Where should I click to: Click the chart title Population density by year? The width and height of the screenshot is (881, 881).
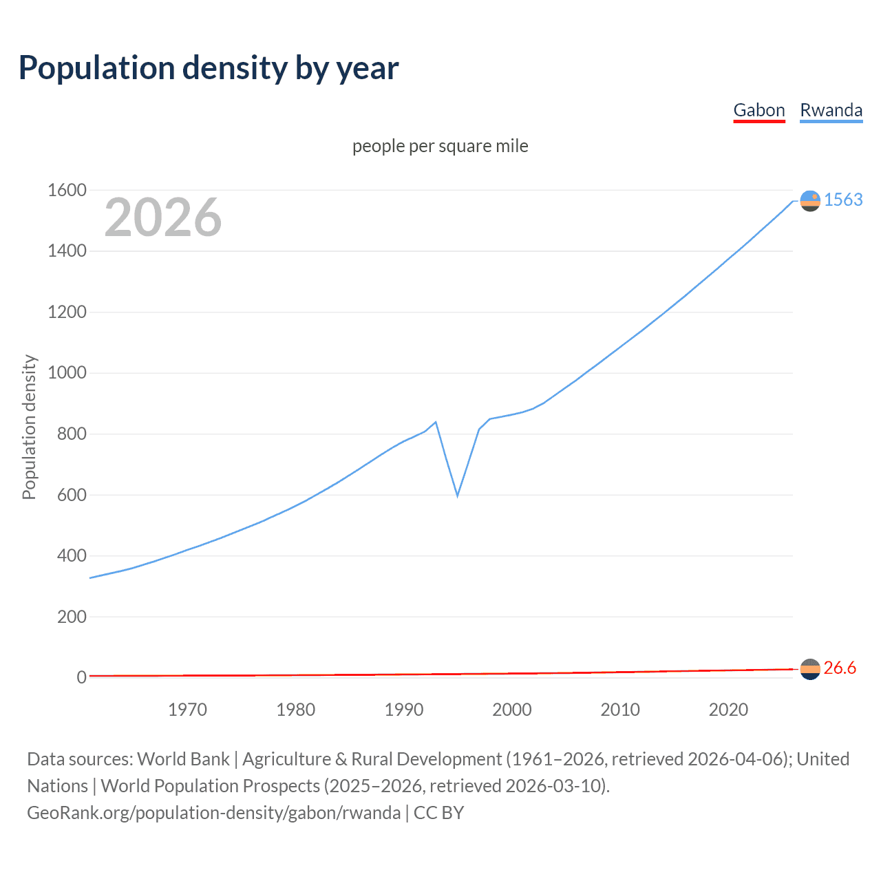tap(209, 68)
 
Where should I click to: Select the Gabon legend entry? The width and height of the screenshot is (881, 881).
tap(759, 110)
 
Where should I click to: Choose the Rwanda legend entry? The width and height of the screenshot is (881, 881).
tap(831, 110)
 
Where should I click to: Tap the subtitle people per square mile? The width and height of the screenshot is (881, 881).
tap(440, 146)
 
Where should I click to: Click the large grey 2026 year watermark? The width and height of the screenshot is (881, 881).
tap(163, 217)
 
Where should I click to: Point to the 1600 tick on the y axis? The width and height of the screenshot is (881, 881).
tap(67, 190)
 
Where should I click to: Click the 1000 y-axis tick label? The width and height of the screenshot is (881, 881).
tap(67, 373)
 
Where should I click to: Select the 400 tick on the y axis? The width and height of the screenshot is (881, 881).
tap(72, 555)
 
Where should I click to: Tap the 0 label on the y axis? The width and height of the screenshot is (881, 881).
tap(81, 677)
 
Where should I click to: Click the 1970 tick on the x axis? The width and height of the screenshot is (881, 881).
tap(187, 710)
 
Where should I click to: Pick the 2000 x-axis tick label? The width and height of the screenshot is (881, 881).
tap(512, 710)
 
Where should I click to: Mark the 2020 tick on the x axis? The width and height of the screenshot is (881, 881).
tap(728, 710)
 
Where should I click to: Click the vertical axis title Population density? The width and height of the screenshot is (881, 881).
tap(29, 427)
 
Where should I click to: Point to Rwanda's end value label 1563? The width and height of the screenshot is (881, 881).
tap(843, 200)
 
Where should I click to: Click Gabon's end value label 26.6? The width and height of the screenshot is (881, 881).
tap(840, 668)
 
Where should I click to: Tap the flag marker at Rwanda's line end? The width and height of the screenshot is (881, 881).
tap(810, 200)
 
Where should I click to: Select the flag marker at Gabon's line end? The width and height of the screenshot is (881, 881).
tap(810, 669)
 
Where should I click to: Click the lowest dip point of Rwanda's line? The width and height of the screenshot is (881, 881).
tap(457, 496)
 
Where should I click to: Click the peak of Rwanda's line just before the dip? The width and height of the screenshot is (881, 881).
tap(436, 422)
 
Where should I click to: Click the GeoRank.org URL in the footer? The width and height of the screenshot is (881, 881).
tap(213, 813)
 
